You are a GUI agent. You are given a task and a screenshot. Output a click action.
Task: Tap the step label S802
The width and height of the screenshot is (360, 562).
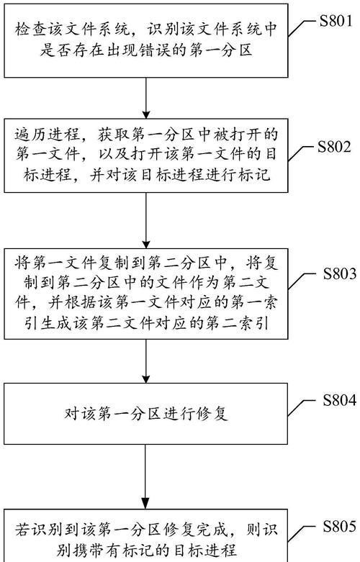(334, 147)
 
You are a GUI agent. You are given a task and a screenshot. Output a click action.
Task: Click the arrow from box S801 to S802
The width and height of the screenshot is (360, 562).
(146, 98)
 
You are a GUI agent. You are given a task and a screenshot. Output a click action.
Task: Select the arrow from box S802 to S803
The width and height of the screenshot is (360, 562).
(146, 220)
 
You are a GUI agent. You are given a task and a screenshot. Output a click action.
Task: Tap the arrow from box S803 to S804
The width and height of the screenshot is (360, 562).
(146, 361)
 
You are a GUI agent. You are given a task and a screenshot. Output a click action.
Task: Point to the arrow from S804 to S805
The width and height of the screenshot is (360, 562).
(146, 476)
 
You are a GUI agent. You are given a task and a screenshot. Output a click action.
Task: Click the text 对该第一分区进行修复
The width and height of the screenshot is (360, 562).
(146, 414)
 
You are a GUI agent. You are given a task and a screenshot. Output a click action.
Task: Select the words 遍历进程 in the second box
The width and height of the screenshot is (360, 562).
(47, 135)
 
